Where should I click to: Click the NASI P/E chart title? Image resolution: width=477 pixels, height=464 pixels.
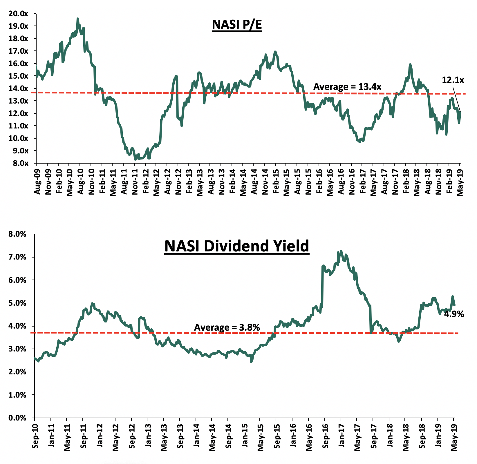coord(237,25)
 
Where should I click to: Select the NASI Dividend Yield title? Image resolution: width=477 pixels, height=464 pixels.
coord(236,246)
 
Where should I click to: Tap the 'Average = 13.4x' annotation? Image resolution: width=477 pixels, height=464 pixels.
coord(347,87)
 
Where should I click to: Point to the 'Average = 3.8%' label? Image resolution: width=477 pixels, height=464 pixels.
coord(227,327)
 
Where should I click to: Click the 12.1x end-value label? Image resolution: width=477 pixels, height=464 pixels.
coord(453,80)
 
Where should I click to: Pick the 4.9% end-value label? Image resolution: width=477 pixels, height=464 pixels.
coord(454,314)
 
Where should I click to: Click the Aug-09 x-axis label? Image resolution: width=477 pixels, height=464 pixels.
coord(37,177)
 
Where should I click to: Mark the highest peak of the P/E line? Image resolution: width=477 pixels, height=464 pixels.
coord(77,19)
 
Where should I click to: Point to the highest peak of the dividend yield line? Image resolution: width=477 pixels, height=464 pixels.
coord(341,251)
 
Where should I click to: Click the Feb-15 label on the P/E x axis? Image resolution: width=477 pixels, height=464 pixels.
coord(276,177)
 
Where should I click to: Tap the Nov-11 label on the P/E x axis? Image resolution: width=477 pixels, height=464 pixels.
coord(135,177)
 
